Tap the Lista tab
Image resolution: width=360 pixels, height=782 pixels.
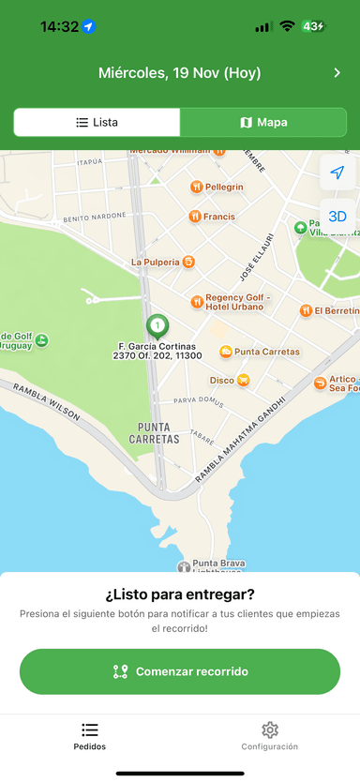pyautogui.click(x=97, y=122)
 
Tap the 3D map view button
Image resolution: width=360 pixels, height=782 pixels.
pyautogui.click(x=337, y=216)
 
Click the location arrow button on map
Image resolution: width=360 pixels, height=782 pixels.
pyautogui.click(x=337, y=173)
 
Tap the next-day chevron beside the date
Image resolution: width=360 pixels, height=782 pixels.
pyautogui.click(x=337, y=73)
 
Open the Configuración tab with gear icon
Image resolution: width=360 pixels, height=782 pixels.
pyautogui.click(x=270, y=735)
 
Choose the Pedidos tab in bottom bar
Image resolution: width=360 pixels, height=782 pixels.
pyautogui.click(x=90, y=735)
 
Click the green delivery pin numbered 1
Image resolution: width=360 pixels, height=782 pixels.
pyautogui.click(x=157, y=326)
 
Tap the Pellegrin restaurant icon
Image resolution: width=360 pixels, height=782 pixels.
pyautogui.click(x=196, y=187)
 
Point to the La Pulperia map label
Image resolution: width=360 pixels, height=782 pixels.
pyautogui.click(x=155, y=263)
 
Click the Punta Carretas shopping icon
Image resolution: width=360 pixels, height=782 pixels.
pyautogui.click(x=226, y=352)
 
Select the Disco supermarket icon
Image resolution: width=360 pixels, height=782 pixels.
pyautogui.click(x=244, y=380)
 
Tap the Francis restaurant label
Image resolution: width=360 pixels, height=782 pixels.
pyautogui.click(x=219, y=217)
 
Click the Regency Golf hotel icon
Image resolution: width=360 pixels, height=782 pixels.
pyautogui.click(x=197, y=302)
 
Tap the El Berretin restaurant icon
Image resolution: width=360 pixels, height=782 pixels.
pyautogui.click(x=306, y=310)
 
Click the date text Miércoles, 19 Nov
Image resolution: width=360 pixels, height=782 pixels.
pyautogui.click(x=180, y=73)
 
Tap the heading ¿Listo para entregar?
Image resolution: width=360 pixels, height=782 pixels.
pyautogui.click(x=180, y=594)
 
